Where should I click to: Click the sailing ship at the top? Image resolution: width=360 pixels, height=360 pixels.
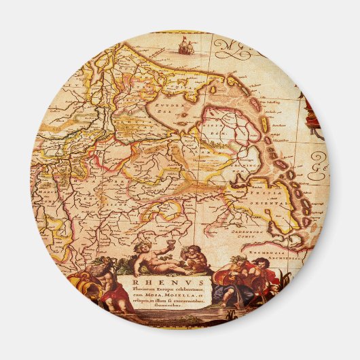click(183, 46)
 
